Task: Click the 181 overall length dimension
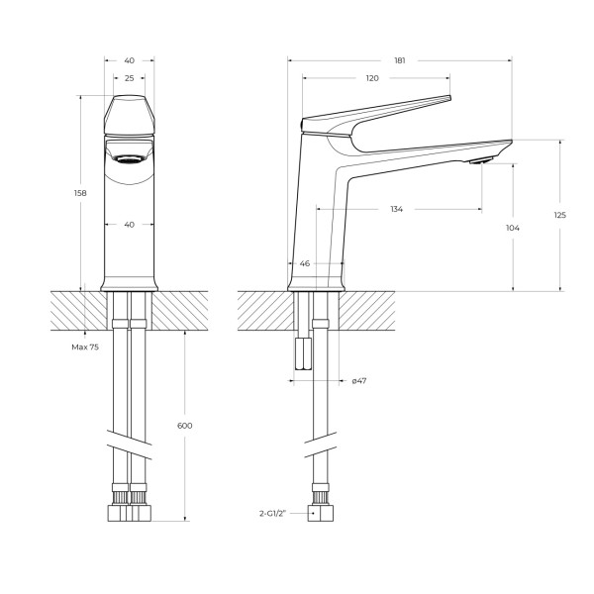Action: click(x=400, y=60)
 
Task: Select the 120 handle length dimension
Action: click(x=372, y=78)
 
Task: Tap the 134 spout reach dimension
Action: click(x=396, y=210)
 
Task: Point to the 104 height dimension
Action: click(x=512, y=229)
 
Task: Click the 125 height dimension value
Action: click(x=559, y=216)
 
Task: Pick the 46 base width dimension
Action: click(x=304, y=264)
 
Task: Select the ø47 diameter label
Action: click(x=360, y=380)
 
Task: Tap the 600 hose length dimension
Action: click(x=185, y=426)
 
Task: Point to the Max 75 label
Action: click(x=85, y=347)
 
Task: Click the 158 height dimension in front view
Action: click(x=81, y=193)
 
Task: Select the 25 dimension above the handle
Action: click(x=129, y=78)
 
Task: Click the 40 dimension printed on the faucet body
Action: click(x=129, y=225)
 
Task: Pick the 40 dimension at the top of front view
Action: click(x=129, y=60)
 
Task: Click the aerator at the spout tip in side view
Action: click(x=480, y=161)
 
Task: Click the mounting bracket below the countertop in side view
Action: click(x=302, y=350)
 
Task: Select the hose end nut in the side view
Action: click(x=320, y=515)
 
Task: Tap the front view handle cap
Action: click(x=129, y=116)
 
